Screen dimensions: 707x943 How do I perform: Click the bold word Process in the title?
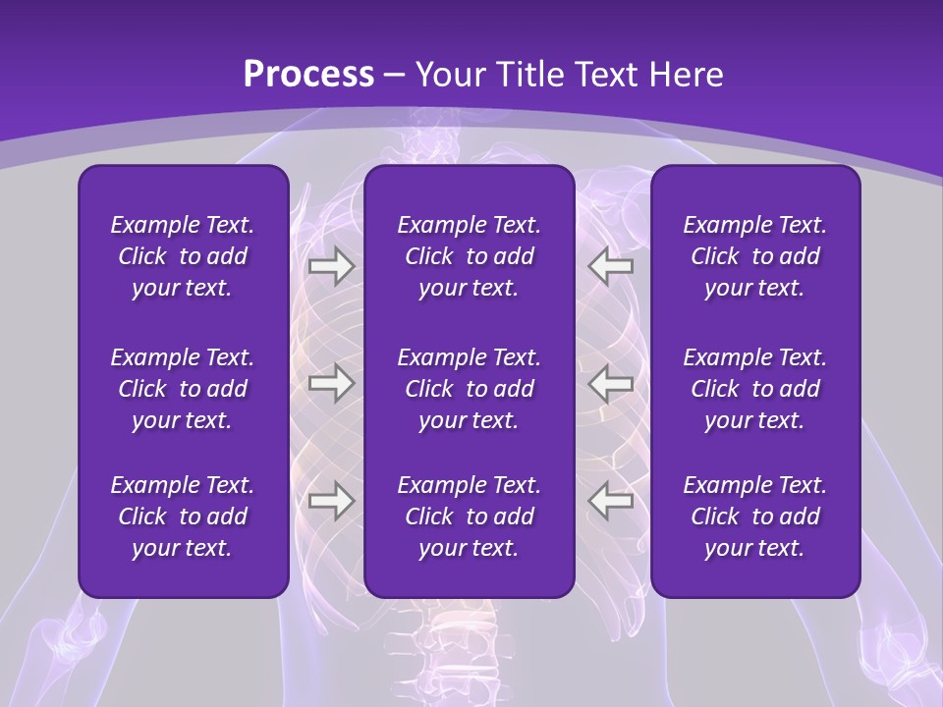[308, 75]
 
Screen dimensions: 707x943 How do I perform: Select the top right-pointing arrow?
[331, 266]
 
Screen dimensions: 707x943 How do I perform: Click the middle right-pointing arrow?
[331, 383]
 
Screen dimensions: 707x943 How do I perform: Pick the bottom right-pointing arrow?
[331, 501]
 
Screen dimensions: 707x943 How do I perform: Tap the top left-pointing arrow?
[611, 266]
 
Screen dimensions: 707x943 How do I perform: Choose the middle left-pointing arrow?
[611, 383]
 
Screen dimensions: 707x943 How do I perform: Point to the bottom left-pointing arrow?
[611, 501]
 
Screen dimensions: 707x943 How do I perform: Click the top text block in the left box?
[183, 256]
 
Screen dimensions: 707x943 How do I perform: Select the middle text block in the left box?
[183, 389]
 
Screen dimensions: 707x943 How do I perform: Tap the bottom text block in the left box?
[183, 517]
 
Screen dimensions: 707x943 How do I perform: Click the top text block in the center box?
[470, 256]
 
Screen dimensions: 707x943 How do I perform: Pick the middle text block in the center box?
[470, 389]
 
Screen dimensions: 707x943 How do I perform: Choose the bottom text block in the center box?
[470, 517]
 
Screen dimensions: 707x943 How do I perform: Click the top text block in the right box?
[755, 256]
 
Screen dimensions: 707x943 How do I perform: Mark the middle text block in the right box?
[755, 389]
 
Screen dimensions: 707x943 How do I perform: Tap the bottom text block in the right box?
[755, 517]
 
